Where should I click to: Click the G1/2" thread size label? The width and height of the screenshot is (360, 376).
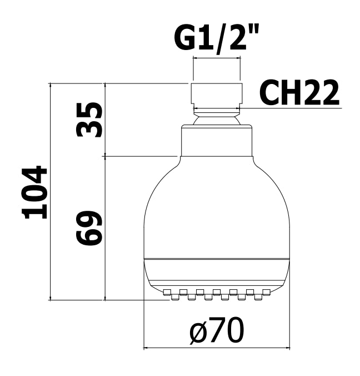click(216, 39)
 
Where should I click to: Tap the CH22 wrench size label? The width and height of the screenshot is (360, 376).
click(299, 92)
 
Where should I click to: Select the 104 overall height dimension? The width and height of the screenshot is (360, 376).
click(34, 192)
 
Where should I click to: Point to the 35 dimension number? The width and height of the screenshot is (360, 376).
click(89, 120)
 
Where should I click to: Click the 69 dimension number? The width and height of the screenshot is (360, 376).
click(89, 228)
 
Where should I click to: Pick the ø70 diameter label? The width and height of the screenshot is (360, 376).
click(217, 331)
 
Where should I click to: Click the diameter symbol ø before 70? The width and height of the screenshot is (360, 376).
click(198, 333)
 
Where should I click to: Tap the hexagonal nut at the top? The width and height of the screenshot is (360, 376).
click(217, 95)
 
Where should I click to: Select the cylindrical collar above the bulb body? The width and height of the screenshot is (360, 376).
click(217, 141)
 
